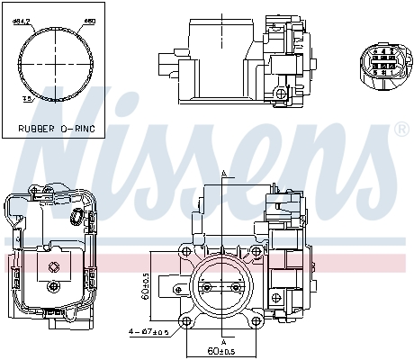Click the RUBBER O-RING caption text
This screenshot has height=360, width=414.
tap(57, 129)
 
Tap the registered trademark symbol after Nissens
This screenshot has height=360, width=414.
tap(401, 130)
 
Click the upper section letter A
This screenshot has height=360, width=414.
tap(222, 173)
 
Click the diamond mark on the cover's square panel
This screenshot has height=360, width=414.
tap(56, 265)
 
